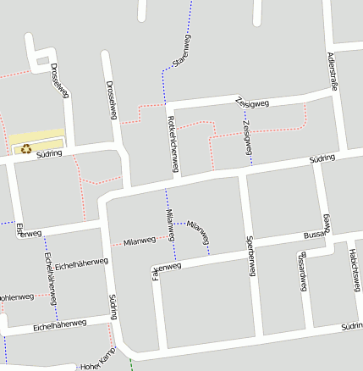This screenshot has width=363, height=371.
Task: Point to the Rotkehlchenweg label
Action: tap(172, 145)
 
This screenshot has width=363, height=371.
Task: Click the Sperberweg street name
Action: tap(250, 255)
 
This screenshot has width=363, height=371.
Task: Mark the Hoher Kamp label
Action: tap(96, 363)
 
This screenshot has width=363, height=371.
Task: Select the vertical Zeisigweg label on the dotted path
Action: tap(246, 137)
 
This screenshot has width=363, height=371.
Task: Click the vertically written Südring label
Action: tap(113, 308)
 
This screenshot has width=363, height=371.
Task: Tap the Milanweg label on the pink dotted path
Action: tap(140, 241)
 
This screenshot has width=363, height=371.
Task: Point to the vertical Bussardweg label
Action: tap(302, 271)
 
